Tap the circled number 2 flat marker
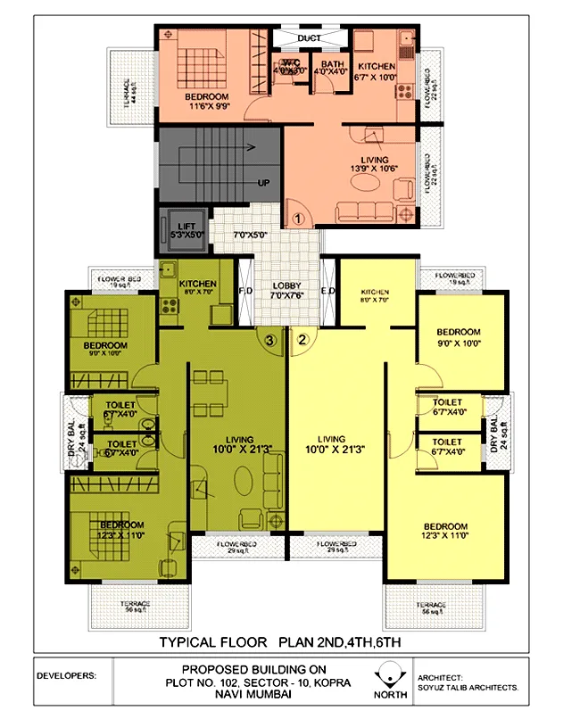coord(302,339)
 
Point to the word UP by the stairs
coord(263,183)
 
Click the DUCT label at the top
coord(309,38)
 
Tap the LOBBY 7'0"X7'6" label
coord(287,293)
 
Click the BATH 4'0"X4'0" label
coord(331,69)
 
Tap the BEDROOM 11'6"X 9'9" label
coord(206,101)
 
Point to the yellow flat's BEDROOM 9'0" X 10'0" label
coord(458,337)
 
